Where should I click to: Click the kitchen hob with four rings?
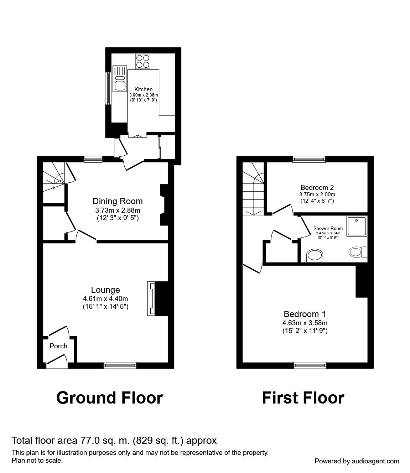tap(142, 61)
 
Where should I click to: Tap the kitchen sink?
tap(120, 78)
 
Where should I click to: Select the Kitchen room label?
tap(144, 89)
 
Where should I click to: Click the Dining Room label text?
tap(118, 201)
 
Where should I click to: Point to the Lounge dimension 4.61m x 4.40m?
tap(105, 298)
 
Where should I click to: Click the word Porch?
tap(58, 346)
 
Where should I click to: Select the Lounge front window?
tap(120, 365)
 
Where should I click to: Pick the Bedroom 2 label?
tap(317, 187)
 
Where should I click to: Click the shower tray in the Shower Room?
tap(357, 226)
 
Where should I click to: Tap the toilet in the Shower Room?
tap(358, 252)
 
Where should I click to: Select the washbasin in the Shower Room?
tap(315, 255)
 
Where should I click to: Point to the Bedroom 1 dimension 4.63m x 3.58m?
tap(305, 323)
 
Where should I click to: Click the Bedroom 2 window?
tap(309, 159)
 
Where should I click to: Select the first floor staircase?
tap(253, 188)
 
